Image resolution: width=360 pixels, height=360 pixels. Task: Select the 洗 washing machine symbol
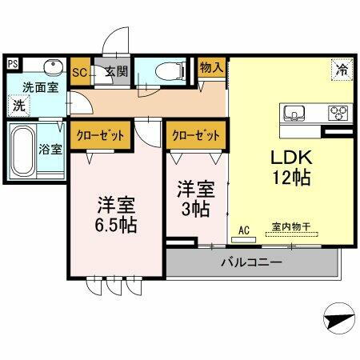(x=17, y=104)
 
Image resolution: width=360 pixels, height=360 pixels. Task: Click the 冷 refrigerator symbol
(x=339, y=70)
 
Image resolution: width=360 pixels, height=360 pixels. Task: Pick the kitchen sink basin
(x=291, y=111)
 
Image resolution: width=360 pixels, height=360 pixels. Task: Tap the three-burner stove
(x=338, y=112)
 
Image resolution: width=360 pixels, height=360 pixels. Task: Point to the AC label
(x=244, y=230)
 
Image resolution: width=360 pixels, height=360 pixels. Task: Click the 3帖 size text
(x=194, y=209)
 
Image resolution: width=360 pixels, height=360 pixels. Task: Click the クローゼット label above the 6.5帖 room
(x=100, y=135)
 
